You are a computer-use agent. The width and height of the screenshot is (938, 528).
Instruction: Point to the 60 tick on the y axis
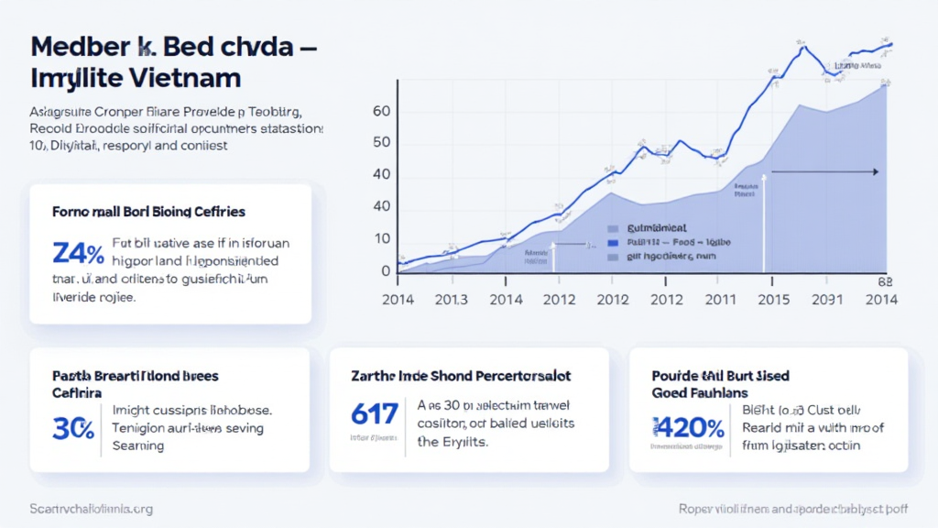pos(381,112)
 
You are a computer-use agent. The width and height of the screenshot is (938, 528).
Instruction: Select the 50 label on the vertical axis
pos(381,143)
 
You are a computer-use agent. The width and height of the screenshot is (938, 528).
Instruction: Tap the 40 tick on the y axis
pos(381,174)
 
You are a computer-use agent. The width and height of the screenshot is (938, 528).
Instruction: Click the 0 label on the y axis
pos(386,270)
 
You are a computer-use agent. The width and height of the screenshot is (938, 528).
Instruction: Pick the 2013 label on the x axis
pos(451,299)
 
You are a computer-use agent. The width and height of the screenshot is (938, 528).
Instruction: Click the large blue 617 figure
pos(375,414)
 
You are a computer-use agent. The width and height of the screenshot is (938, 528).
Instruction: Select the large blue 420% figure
pos(688,427)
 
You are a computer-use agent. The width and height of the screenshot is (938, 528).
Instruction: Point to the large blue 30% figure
pos(72,427)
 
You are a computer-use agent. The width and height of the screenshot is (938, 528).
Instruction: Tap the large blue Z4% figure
pos(75,252)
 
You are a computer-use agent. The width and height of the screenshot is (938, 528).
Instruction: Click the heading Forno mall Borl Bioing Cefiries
pos(148,212)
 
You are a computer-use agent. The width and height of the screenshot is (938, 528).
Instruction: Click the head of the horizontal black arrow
pos(876,171)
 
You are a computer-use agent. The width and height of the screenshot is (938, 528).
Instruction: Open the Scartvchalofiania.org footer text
pos(91,508)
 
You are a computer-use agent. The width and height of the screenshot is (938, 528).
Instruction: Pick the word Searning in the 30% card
pos(137,445)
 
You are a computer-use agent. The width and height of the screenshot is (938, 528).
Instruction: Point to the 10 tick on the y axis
pos(381,238)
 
